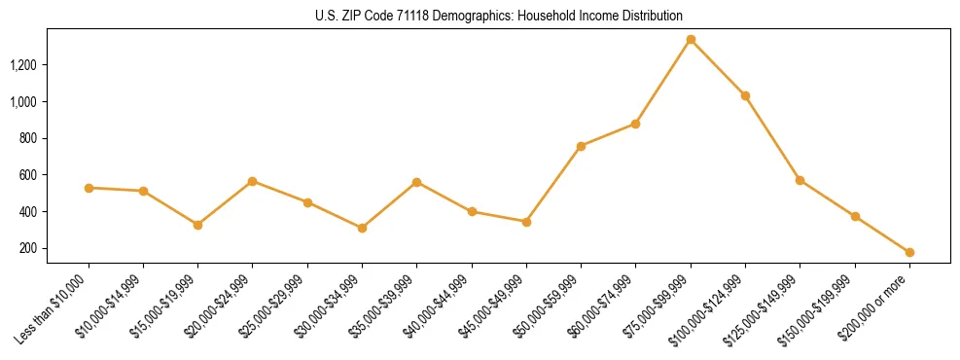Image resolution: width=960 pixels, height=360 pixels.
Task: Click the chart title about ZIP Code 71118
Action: tap(499, 17)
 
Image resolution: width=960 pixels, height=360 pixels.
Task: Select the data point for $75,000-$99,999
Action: tap(691, 40)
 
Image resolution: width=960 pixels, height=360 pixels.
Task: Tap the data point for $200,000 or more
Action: tap(909, 252)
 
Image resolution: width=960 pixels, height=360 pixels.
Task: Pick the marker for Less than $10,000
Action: tap(89, 188)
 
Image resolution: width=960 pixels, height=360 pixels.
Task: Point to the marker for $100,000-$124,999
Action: tap(745, 95)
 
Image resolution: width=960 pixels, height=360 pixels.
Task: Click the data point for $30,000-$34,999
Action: tap(362, 228)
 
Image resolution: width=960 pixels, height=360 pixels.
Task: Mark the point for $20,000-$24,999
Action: tap(252, 181)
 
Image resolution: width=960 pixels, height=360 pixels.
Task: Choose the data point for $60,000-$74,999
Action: tap(635, 124)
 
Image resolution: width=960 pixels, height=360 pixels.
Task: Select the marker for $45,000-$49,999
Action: tap(526, 222)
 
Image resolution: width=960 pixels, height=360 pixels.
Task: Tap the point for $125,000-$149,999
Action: tap(800, 180)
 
